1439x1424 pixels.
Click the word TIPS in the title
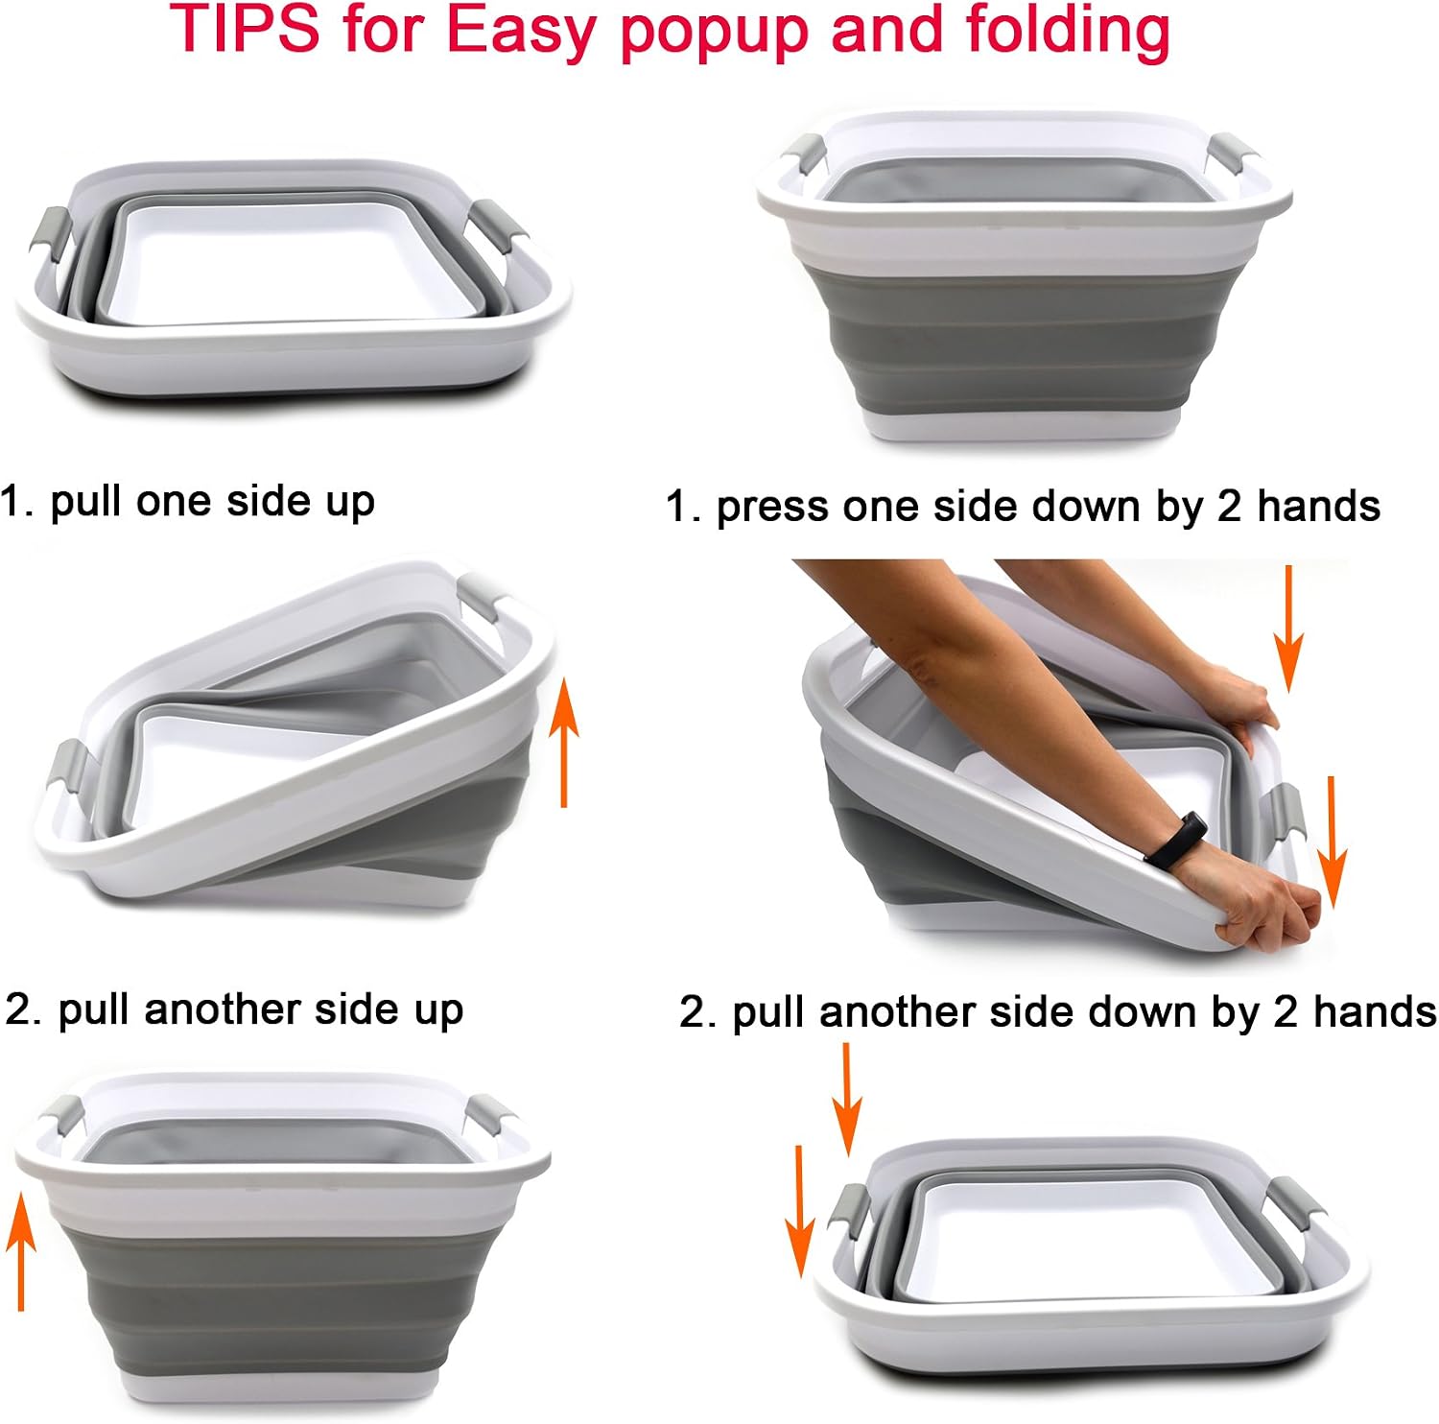[246, 29]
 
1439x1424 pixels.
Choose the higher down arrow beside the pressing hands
[1289, 629]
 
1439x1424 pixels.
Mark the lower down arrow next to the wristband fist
[1332, 842]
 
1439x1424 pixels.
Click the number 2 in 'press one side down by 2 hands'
[1229, 507]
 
